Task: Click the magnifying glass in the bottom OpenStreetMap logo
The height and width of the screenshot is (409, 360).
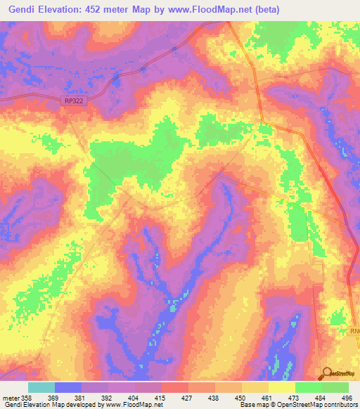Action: click(x=327, y=372)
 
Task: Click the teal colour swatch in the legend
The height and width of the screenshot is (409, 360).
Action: click(x=41, y=387)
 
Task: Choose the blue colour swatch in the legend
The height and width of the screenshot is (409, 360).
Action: click(x=68, y=387)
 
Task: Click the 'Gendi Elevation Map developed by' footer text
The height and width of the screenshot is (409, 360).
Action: click(x=51, y=405)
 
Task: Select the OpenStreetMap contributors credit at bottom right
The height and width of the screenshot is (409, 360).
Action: click(x=315, y=405)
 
